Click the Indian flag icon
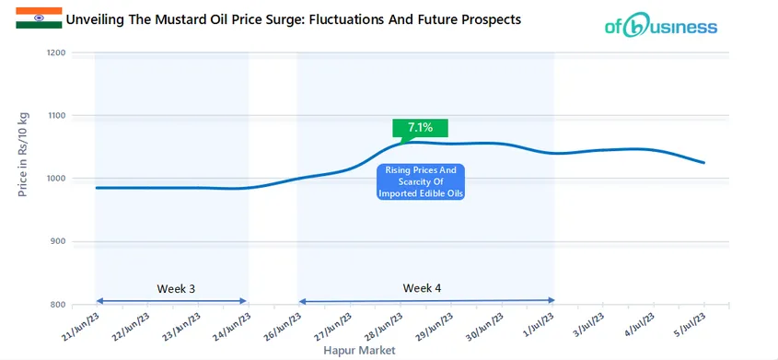click(39, 17)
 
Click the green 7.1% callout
click(413, 128)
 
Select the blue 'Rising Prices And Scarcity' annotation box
click(422, 181)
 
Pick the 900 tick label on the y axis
click(58, 242)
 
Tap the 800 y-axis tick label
click(58, 305)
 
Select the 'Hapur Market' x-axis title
click(359, 351)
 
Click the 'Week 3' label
click(176, 288)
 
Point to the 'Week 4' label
click(422, 288)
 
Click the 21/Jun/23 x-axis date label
click(81, 324)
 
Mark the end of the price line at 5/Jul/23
click(704, 163)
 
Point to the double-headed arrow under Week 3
click(171, 300)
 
